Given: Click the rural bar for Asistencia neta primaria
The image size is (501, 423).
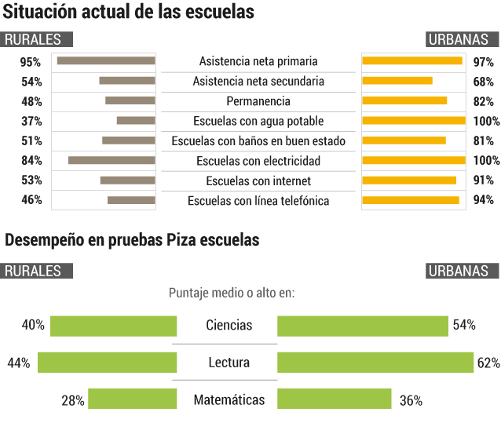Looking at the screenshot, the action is pos(106,60).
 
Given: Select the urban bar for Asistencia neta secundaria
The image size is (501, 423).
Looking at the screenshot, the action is pos(397,81).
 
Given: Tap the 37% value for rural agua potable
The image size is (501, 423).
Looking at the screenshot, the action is pos(31,122).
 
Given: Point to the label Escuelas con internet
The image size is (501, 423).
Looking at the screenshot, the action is pos(258,181).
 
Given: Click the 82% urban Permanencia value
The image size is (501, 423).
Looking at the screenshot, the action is pos(484,101).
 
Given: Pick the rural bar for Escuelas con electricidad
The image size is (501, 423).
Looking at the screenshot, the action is pos(112,160).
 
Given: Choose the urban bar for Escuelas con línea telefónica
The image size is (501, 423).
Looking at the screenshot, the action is pos(411,200).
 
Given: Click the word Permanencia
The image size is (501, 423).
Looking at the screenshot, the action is pos(258,101).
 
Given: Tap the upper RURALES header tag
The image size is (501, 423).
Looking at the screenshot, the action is pos(36,39).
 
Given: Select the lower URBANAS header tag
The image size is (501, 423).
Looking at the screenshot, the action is pos(462,271).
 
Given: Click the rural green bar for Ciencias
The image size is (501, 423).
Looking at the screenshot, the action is pos(113,326).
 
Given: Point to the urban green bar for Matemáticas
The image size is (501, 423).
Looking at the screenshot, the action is pos(335,399).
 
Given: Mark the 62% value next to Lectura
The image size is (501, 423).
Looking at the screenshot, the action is pos(488,363).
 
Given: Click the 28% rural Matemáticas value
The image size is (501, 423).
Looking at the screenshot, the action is pos(73,400).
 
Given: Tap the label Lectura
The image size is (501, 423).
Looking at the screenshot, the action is pos(229,363).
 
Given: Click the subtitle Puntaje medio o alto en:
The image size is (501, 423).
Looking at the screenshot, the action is pos(232,293).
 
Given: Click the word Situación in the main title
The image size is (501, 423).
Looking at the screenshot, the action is pos(39,12).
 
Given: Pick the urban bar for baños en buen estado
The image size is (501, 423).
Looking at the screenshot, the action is pos(404,140).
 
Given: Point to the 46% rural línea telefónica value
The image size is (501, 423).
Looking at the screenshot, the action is pos(31,200).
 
